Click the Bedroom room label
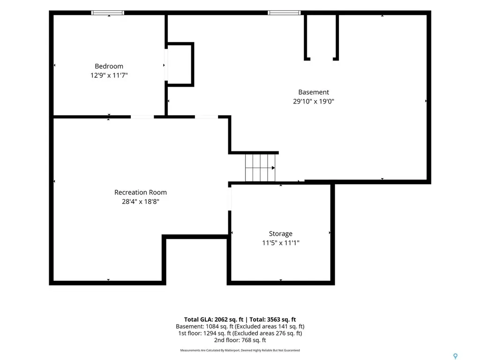tap(109, 66)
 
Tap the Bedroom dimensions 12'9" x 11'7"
tap(109, 75)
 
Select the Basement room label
tap(314, 92)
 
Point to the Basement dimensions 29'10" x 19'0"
tap(314, 101)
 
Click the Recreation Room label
tap(141, 192)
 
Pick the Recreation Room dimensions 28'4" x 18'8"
tap(141, 202)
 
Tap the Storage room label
tap(281, 233)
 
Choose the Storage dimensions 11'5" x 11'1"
tap(281, 243)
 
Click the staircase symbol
tap(260, 168)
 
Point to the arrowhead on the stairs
tap(273, 168)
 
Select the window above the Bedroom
tap(108, 13)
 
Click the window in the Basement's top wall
tap(284, 13)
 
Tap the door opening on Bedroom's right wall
tap(166, 65)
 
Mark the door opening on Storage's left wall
tap(230, 199)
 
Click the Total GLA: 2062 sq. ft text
tap(214, 320)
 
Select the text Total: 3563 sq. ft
tap(273, 320)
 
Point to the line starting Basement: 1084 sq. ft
tap(240, 327)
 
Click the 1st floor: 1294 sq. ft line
tap(240, 333)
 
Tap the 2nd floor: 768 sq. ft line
tap(240, 340)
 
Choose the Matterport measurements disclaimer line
tap(240, 350)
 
